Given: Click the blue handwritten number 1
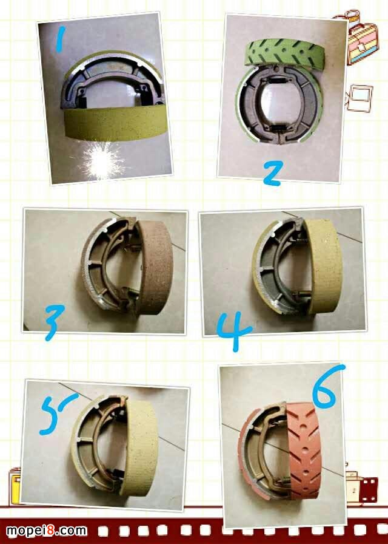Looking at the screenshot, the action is click(x=61, y=39).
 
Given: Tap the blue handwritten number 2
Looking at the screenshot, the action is click(x=273, y=173).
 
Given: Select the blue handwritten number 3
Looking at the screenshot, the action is click(x=55, y=322).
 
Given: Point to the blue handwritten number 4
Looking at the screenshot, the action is click(x=234, y=331).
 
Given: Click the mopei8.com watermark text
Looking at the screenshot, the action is click(x=47, y=531).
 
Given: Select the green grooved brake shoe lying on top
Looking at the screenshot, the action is click(x=284, y=52).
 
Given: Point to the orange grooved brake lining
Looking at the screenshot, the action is click(x=305, y=451).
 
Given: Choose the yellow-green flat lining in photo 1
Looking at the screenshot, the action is click(x=116, y=123).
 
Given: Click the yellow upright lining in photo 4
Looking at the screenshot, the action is click(x=324, y=266).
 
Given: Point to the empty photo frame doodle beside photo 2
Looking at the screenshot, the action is click(x=360, y=98).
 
